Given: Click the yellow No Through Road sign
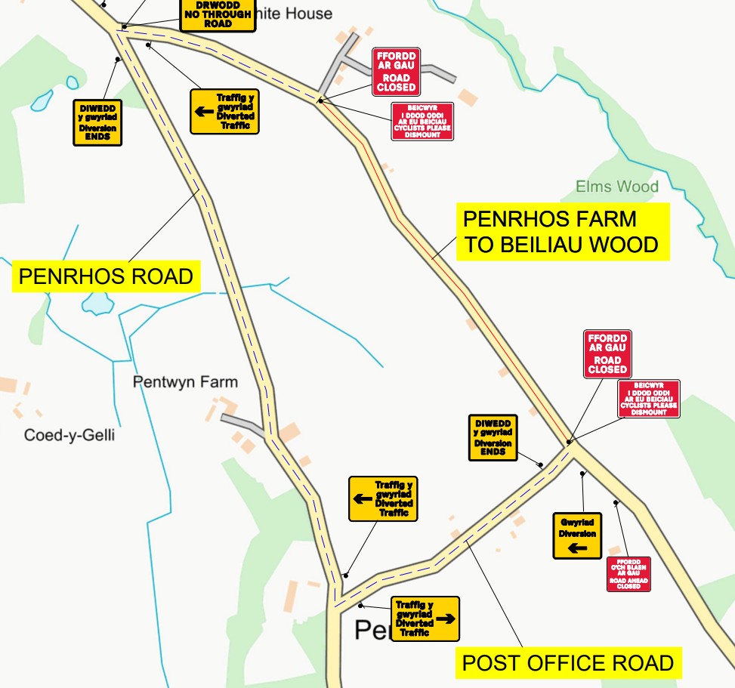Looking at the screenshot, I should tap(218, 15).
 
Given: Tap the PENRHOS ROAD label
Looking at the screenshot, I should tap(106, 276).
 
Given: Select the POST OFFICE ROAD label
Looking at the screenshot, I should tap(568, 663).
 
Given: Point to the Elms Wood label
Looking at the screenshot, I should tap(616, 187).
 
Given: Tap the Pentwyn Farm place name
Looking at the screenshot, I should tap(185, 382).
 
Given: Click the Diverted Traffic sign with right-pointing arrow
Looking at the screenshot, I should tap(425, 619).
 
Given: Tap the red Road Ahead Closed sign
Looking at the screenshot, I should tap(628, 574).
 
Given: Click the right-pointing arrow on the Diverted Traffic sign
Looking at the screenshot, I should tap(446, 619).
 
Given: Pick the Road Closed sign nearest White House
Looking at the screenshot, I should tap(397, 72).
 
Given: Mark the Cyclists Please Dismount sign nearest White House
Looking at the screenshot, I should tap(422, 122).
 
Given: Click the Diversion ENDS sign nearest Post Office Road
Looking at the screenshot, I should tap(493, 437).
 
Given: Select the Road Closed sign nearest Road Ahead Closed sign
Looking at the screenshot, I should tap(607, 353).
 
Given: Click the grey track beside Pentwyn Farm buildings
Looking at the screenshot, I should tap(241, 422).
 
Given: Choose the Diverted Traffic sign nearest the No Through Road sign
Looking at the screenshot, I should tap(224, 112).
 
